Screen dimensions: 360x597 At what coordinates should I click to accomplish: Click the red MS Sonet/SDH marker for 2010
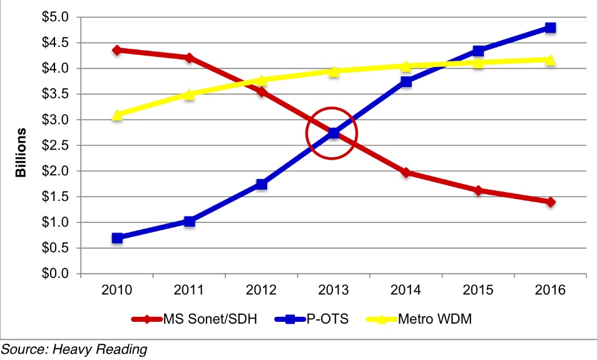[117, 49]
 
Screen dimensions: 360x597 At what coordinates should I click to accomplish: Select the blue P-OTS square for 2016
[550, 28]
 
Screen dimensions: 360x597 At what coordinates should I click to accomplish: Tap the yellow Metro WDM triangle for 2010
[117, 115]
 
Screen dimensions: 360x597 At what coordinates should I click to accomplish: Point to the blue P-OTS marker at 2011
[190, 221]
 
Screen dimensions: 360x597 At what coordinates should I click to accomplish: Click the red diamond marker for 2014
[406, 172]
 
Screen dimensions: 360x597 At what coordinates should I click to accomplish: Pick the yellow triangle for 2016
[550, 59]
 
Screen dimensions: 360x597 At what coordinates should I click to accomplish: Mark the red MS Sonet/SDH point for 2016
[550, 202]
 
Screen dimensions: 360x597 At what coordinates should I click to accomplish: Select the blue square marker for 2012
[262, 184]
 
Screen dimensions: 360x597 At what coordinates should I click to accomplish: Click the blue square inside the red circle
[334, 133]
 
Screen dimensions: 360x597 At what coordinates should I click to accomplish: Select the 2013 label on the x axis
[334, 291]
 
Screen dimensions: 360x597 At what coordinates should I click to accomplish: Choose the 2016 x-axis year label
[550, 291]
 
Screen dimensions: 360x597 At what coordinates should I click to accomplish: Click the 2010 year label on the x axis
[117, 291]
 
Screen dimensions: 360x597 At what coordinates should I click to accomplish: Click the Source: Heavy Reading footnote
[74, 349]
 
